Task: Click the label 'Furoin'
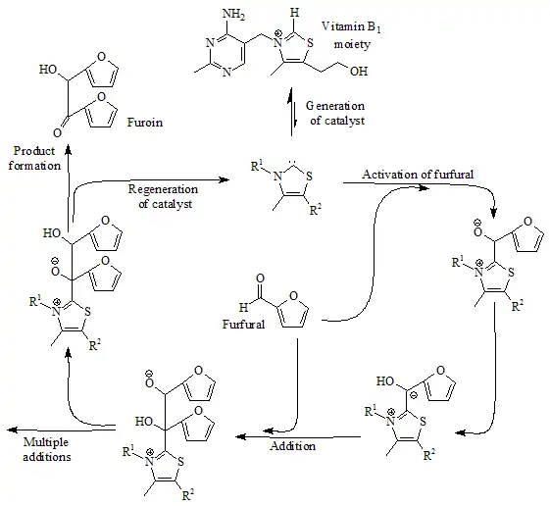pyautogui.click(x=145, y=123)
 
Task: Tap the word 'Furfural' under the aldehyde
pyautogui.click(x=243, y=324)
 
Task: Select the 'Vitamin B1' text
pyautogui.click(x=351, y=27)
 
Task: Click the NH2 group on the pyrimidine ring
pyautogui.click(x=233, y=15)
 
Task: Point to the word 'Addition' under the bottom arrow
pyautogui.click(x=293, y=446)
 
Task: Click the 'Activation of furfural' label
pyautogui.click(x=418, y=174)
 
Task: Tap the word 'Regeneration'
pyautogui.click(x=163, y=189)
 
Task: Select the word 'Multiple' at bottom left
pyautogui.click(x=46, y=442)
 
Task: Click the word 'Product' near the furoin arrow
pyautogui.click(x=34, y=151)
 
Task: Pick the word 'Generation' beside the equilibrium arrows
pyautogui.click(x=335, y=106)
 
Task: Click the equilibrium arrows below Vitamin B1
pyautogui.click(x=292, y=112)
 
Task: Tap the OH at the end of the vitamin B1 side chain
pyautogui.click(x=359, y=72)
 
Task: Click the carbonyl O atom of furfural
pyautogui.click(x=260, y=278)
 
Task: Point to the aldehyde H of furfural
pyautogui.click(x=243, y=308)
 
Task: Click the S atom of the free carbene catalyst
pyautogui.click(x=309, y=176)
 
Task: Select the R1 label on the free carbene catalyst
pyautogui.click(x=257, y=166)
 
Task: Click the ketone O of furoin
pyautogui.click(x=58, y=133)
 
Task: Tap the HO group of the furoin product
pyautogui.click(x=48, y=70)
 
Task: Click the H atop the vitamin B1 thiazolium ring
pyautogui.click(x=295, y=13)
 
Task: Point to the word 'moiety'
pyautogui.click(x=352, y=44)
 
